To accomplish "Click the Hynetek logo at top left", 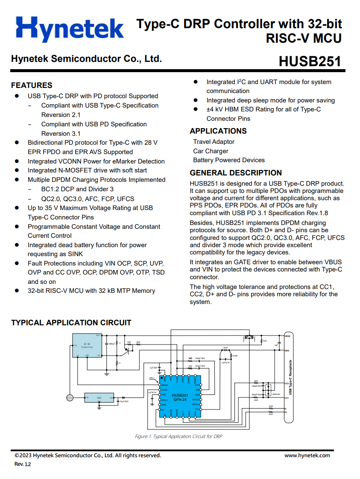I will tap(70, 29).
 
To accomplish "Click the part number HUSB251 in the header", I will tap(310, 61).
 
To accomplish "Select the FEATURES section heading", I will tap(32, 85).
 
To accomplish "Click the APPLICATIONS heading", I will tap(218, 131).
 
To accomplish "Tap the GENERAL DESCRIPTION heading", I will tap(236, 173).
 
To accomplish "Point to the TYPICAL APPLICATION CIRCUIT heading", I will tap(71, 323).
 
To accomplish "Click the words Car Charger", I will tap(211, 151).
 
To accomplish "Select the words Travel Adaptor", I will tap(214, 142).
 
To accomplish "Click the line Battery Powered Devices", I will tap(228, 160).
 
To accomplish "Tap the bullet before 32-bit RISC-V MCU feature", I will tap(17, 291).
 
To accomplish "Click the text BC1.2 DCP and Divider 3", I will tap(77, 189).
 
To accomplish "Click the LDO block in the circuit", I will tap(99, 398).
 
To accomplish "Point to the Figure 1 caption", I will tap(178, 436).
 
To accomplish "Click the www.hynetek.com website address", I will tap(307, 455).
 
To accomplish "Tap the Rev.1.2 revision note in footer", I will tap(23, 464).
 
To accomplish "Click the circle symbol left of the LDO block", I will tap(70, 398).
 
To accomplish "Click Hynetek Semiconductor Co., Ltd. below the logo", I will tap(86, 59).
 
